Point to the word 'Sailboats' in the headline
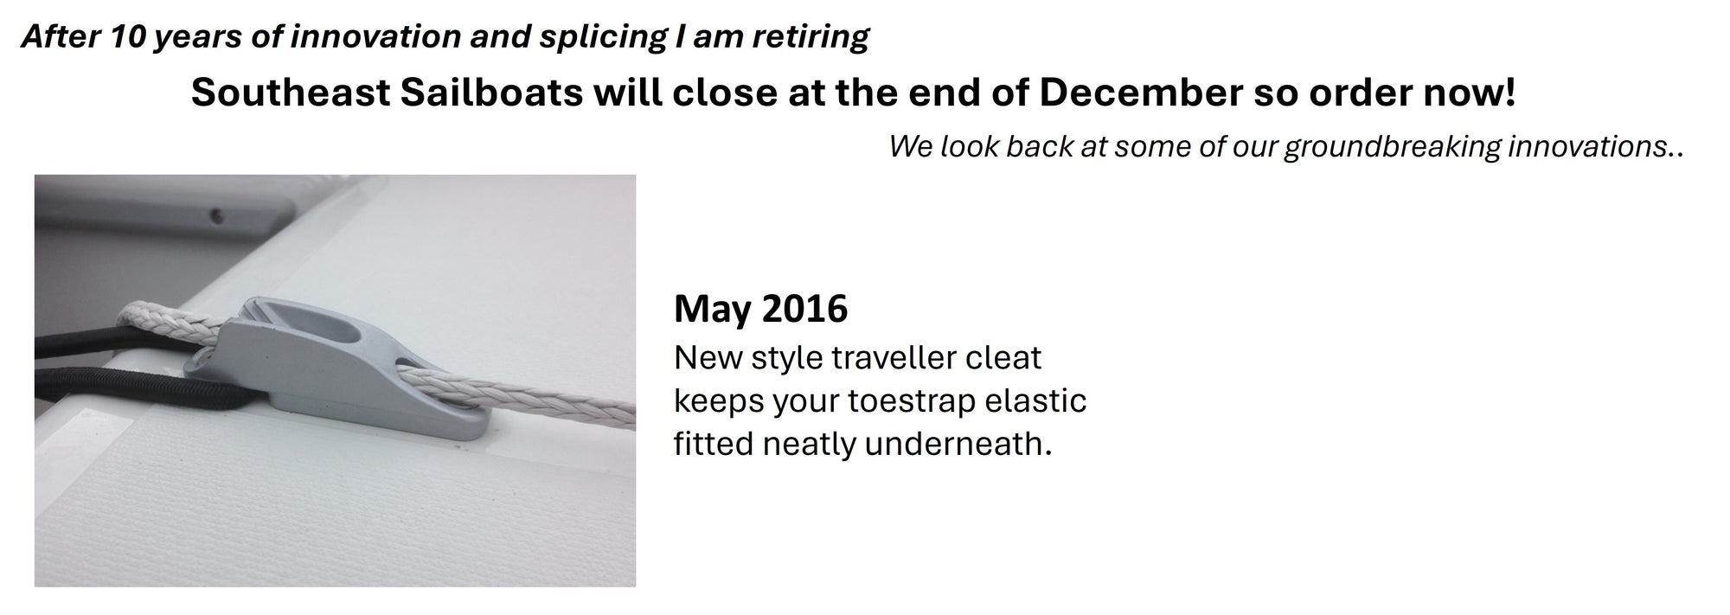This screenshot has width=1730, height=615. [x=491, y=93]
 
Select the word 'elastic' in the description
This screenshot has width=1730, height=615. [x=1035, y=400]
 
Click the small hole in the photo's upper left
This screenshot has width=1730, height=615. [x=215, y=214]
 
